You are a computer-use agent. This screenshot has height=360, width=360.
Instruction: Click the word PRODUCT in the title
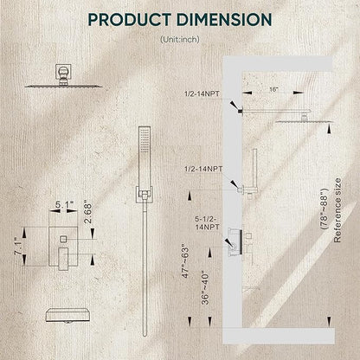click(x=129, y=20)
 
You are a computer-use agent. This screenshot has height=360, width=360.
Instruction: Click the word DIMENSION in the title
click(x=224, y=20)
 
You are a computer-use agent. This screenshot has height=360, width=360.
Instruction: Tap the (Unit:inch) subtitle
click(x=180, y=39)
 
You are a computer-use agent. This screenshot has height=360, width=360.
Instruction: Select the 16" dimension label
click(x=273, y=89)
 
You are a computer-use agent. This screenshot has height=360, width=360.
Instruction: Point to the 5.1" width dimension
click(x=64, y=205)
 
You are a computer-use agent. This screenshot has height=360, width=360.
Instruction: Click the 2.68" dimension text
click(x=87, y=213)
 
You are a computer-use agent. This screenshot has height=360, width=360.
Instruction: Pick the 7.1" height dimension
click(x=19, y=246)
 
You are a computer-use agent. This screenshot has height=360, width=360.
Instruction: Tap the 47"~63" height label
click(x=185, y=262)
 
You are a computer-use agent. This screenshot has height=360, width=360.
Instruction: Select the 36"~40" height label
click(x=205, y=287)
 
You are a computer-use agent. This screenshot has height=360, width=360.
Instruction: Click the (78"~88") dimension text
click(x=325, y=209)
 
